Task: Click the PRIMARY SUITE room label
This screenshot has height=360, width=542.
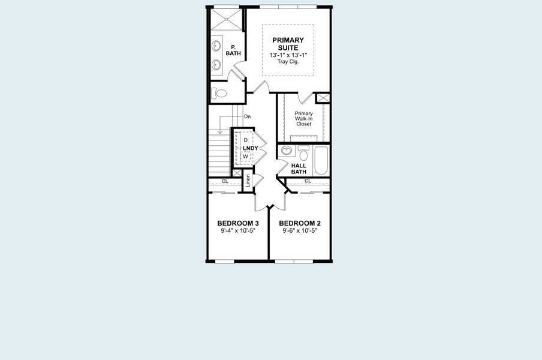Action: pyautogui.click(x=288, y=44)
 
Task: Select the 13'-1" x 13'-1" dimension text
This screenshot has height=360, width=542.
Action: pyautogui.click(x=288, y=55)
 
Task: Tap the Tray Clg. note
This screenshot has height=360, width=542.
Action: pyautogui.click(x=288, y=62)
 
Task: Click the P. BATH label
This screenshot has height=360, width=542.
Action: pyautogui.click(x=233, y=50)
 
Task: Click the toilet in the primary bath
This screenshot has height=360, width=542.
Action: pyautogui.click(x=220, y=94)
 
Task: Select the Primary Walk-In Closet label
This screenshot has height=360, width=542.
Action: pyautogui.click(x=303, y=118)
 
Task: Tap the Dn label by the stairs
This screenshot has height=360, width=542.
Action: pyautogui.click(x=247, y=116)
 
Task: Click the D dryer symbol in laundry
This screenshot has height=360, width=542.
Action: pyautogui.click(x=245, y=140)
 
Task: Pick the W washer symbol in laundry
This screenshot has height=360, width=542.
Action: pyautogui.click(x=245, y=156)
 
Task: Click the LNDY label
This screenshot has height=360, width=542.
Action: pyautogui.click(x=251, y=148)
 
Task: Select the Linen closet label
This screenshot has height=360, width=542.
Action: pyautogui.click(x=248, y=181)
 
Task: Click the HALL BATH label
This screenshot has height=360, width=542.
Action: pyautogui.click(x=299, y=169)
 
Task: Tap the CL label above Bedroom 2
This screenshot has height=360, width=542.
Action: pyautogui.click(x=308, y=181)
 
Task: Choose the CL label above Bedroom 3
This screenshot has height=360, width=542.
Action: pyautogui.click(x=225, y=181)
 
